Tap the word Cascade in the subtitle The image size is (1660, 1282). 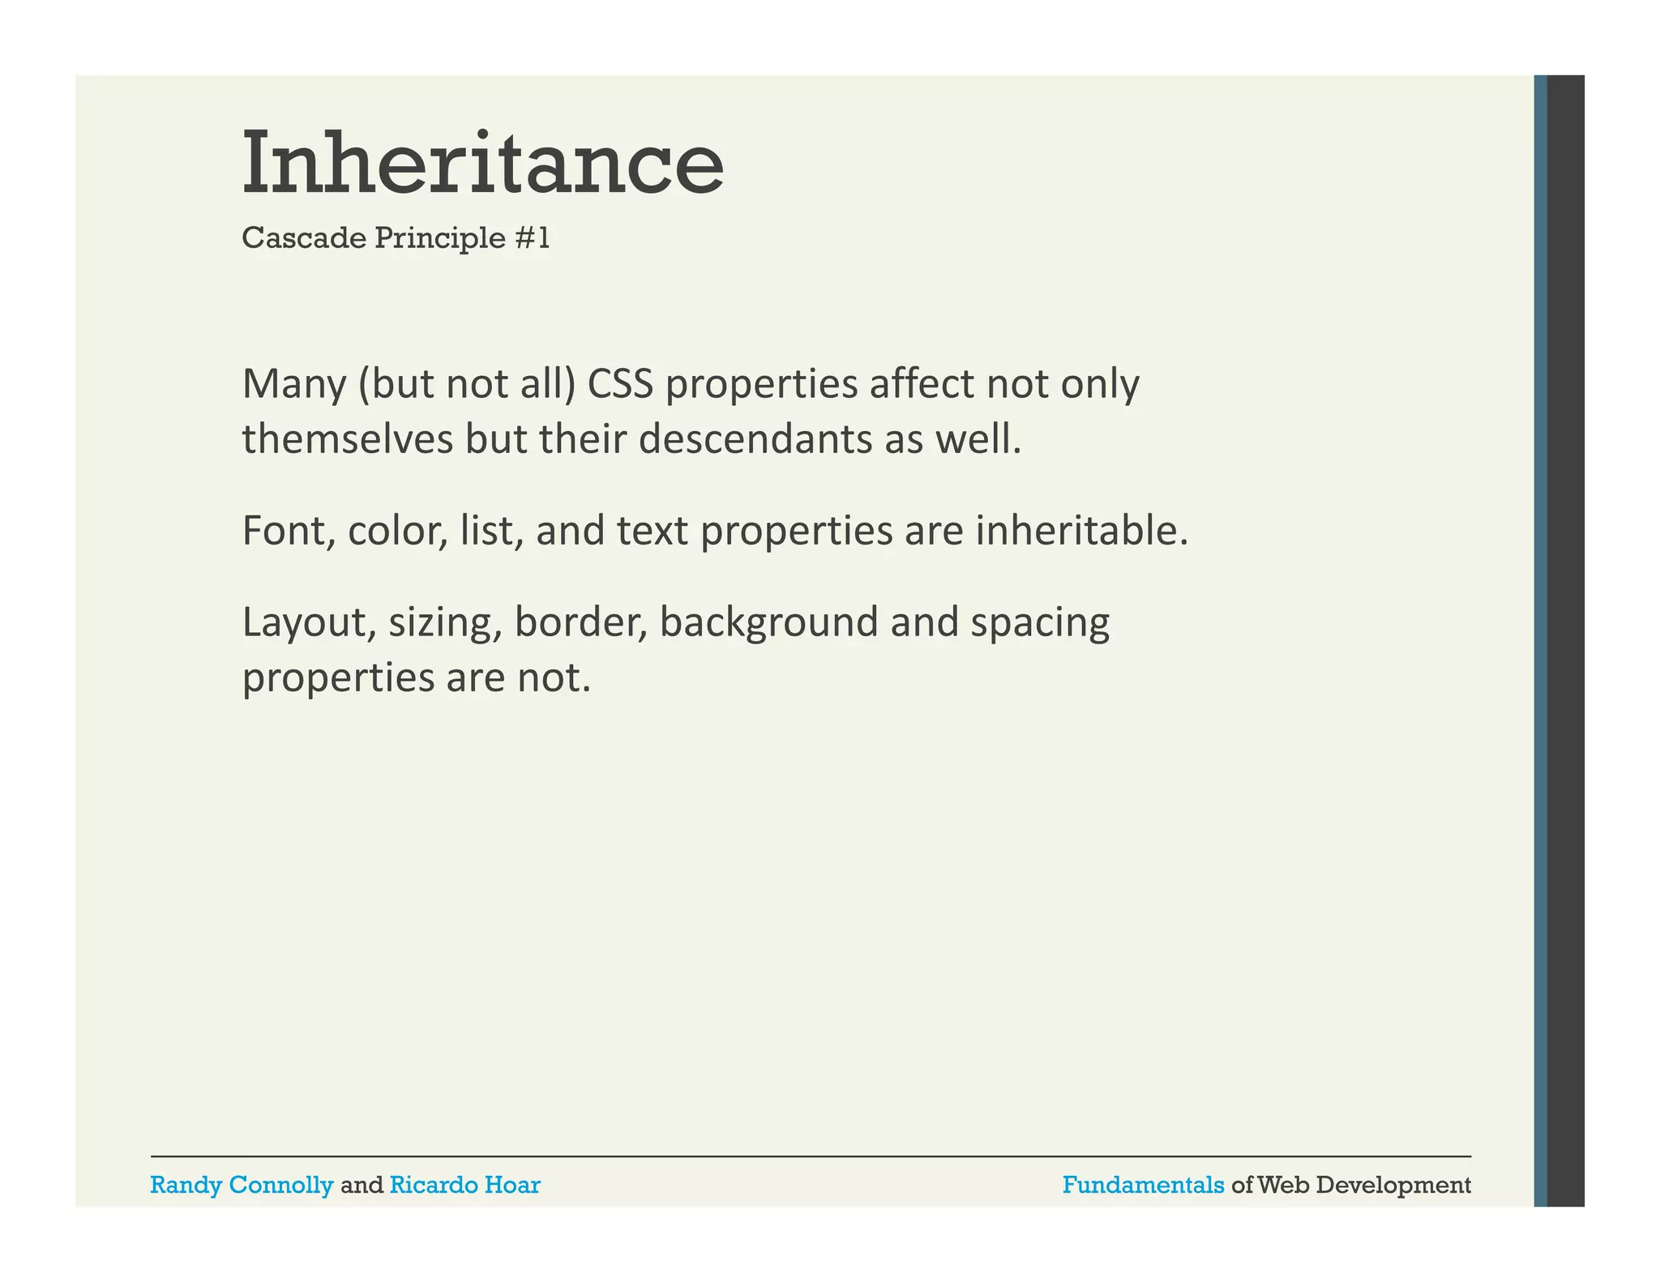click(x=304, y=238)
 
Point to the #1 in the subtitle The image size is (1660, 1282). click(x=532, y=238)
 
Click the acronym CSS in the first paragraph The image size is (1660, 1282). click(x=620, y=384)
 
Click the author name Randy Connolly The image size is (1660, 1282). click(x=242, y=1185)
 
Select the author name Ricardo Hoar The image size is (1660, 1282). click(x=464, y=1185)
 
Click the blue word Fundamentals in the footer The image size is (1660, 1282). click(x=1143, y=1185)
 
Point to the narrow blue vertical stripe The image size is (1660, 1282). click(x=1540, y=640)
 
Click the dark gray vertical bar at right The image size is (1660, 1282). click(x=1565, y=640)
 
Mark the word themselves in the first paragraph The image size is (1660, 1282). click(x=347, y=439)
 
